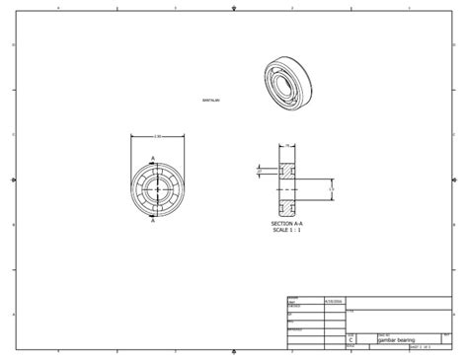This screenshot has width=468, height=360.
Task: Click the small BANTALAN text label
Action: coord(210,100)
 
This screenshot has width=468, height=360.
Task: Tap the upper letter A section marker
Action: coord(152,158)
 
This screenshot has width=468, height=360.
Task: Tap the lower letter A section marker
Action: coord(152,221)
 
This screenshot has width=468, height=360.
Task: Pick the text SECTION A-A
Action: coord(288,224)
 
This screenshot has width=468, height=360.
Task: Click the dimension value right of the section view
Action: coord(332,185)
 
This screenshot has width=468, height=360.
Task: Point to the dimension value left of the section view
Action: coord(261,170)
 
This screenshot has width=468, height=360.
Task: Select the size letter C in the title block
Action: coord(351,340)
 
